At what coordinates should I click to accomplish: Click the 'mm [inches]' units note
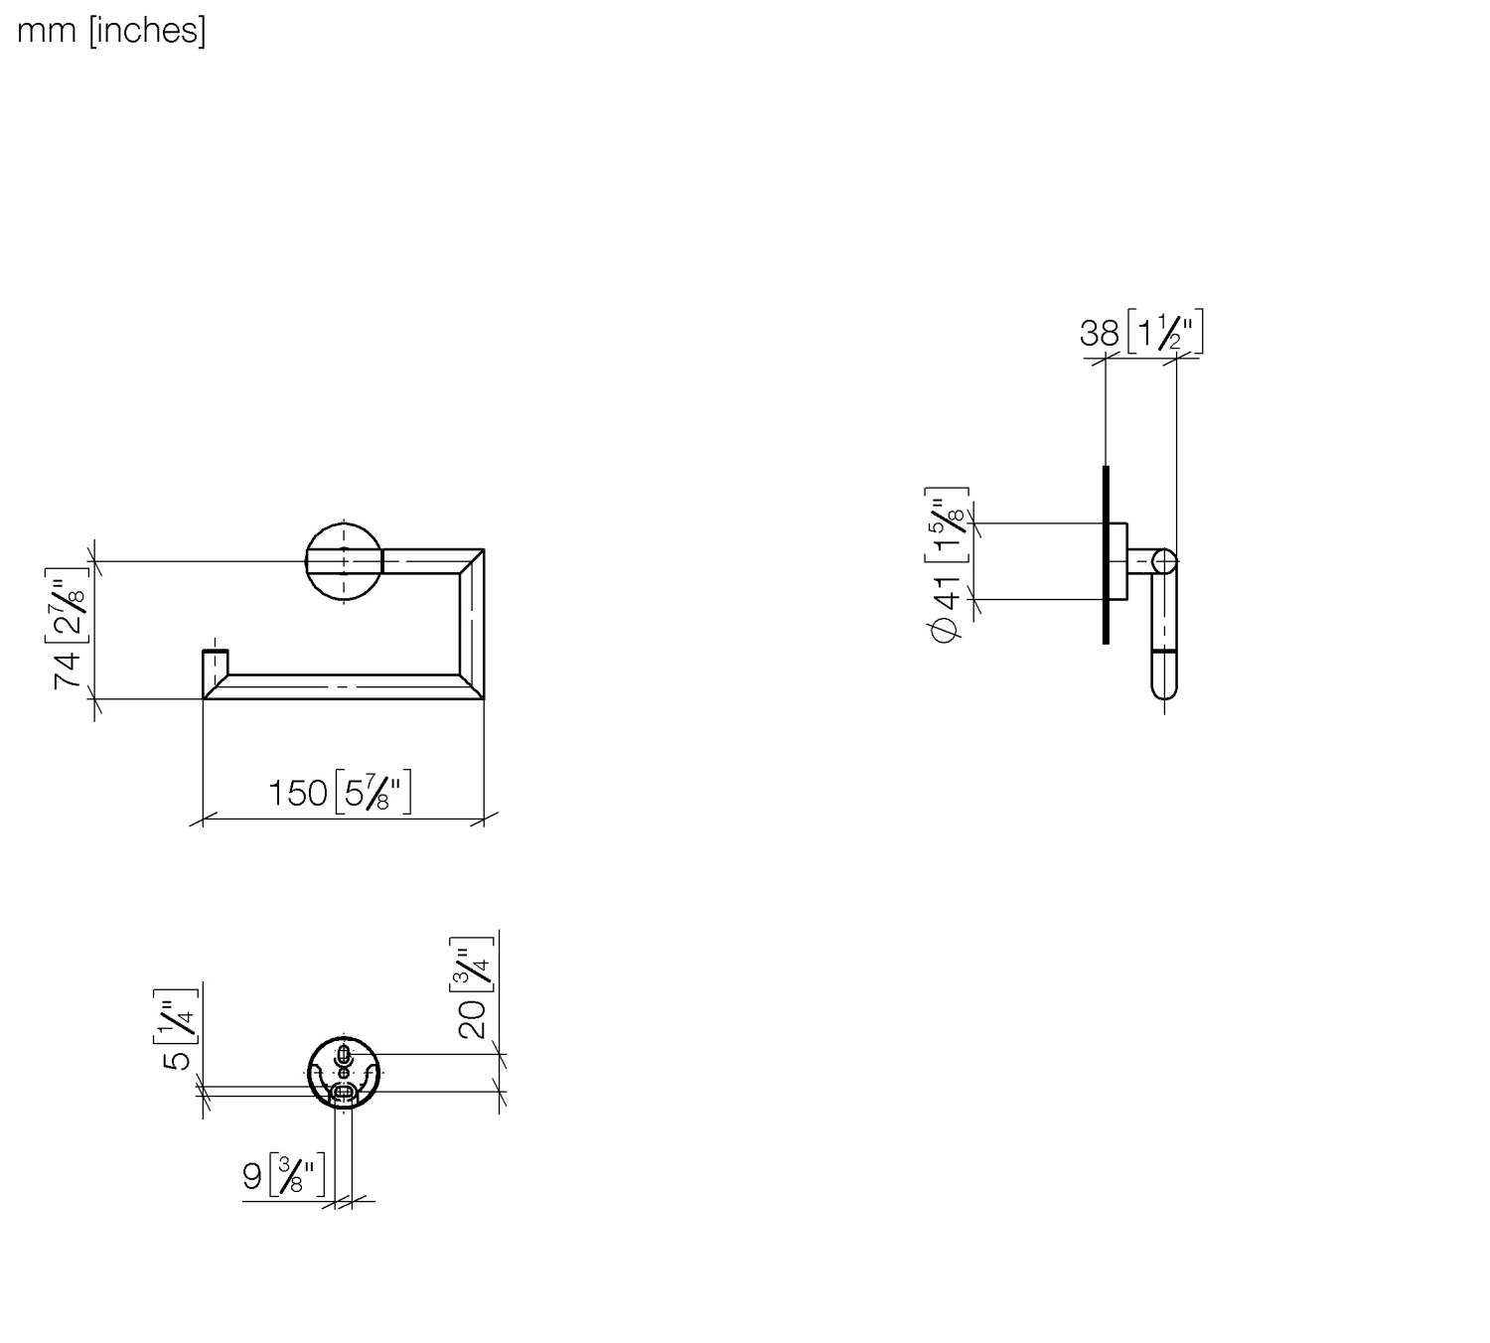[x=111, y=31]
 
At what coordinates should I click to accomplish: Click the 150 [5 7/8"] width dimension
[x=339, y=793]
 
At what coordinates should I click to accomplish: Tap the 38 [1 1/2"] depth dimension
[x=1141, y=332]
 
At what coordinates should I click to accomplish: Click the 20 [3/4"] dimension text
[x=472, y=986]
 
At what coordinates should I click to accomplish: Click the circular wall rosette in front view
[x=344, y=561]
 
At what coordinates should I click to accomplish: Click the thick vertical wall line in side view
[x=1106, y=554]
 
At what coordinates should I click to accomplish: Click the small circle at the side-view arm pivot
[x=1164, y=562]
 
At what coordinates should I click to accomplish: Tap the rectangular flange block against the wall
[x=1118, y=561]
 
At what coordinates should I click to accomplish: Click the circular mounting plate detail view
[x=344, y=1073]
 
